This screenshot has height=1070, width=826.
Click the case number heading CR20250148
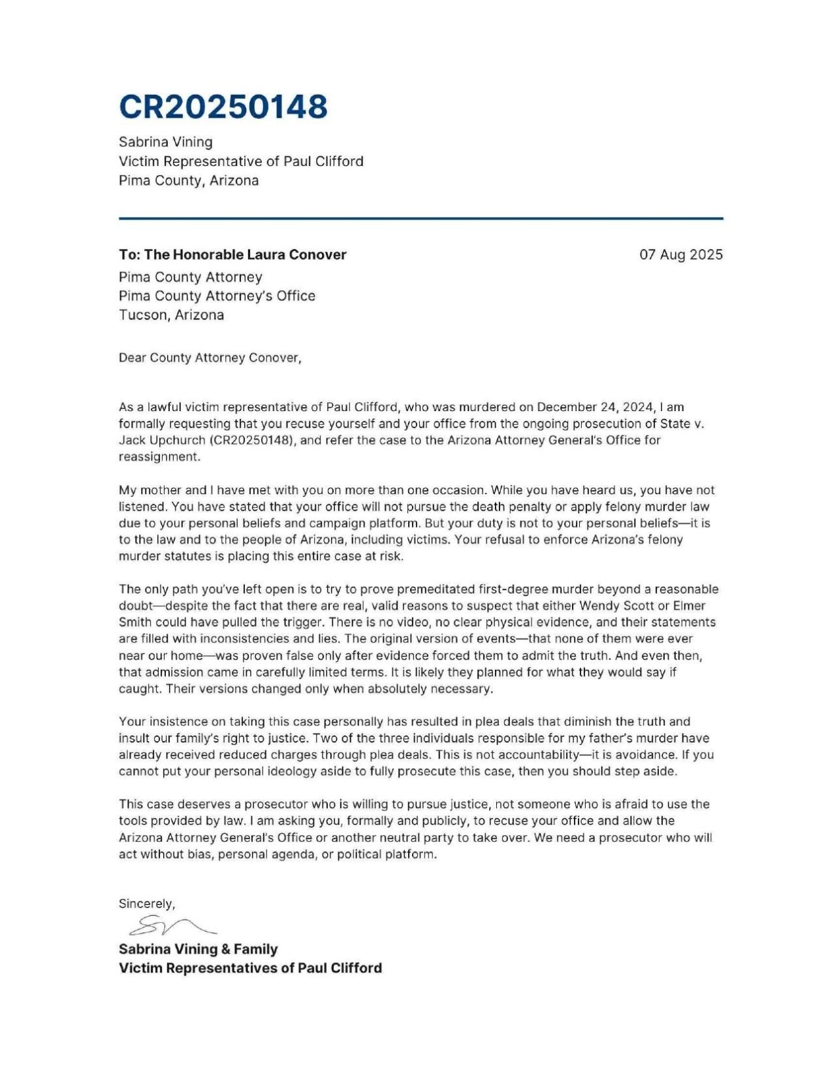coord(223,107)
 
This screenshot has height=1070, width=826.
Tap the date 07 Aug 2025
coord(680,255)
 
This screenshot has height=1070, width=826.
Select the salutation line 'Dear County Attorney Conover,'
coord(210,358)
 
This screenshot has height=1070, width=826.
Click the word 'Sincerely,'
coord(147,903)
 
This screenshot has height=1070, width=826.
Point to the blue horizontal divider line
coord(421,218)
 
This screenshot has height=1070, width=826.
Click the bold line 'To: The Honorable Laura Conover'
coord(232,255)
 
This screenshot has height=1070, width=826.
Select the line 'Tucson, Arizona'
coord(171,315)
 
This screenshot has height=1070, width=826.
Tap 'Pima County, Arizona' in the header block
coord(188,180)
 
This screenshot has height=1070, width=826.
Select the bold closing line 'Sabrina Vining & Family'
coord(198,948)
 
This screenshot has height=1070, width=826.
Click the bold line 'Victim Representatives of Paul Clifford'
coord(250,968)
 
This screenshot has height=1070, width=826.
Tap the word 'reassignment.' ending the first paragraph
coord(159,456)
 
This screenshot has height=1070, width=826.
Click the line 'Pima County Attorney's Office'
coord(217,296)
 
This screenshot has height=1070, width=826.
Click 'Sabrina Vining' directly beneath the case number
coord(165,142)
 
